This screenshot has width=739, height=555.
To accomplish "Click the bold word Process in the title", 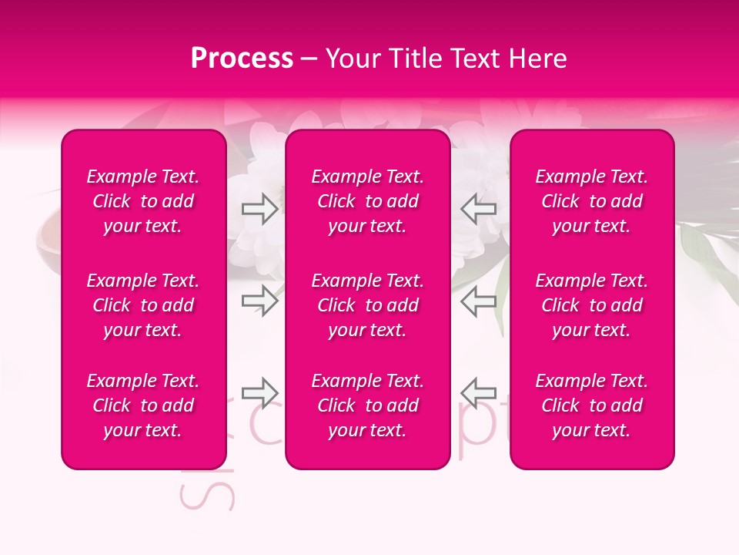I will pyautogui.click(x=242, y=59).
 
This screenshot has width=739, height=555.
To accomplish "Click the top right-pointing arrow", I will pyautogui.click(x=260, y=209).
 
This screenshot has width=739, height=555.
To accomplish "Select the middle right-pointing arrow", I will pyautogui.click(x=260, y=301).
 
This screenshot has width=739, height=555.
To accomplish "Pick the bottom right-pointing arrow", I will pyautogui.click(x=260, y=392).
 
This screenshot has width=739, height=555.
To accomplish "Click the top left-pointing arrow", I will pyautogui.click(x=479, y=209).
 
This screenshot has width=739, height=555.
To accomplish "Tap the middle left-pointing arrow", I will pyautogui.click(x=479, y=301).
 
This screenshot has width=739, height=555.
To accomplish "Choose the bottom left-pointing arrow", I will pyautogui.click(x=479, y=392).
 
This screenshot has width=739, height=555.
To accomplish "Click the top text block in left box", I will pyautogui.click(x=143, y=201).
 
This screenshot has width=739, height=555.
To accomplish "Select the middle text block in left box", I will pyautogui.click(x=143, y=305).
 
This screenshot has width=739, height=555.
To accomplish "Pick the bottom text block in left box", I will pyautogui.click(x=143, y=405).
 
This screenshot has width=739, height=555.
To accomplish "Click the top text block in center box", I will pyautogui.click(x=368, y=201).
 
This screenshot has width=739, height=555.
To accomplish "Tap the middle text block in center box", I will pyautogui.click(x=368, y=305).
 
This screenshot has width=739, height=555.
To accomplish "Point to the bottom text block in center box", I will pyautogui.click(x=368, y=405).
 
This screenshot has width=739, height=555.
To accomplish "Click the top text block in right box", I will pyautogui.click(x=592, y=201).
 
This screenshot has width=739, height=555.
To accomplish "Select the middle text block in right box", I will pyautogui.click(x=592, y=305).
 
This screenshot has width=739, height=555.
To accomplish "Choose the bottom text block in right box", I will pyautogui.click(x=592, y=405).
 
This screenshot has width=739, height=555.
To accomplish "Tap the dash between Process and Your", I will pyautogui.click(x=309, y=59).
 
